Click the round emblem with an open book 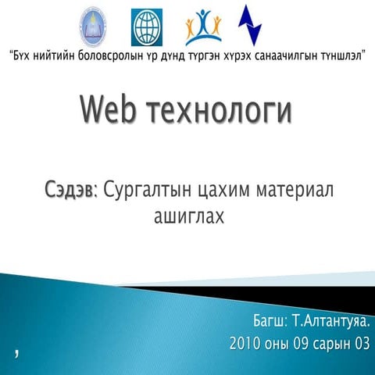pos(93,27)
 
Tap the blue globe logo pos(147,27)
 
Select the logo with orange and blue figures pos(203,27)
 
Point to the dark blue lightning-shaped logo pos(250,25)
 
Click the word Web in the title pos(108,109)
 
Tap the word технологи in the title pos(219,112)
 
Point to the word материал pos(295,190)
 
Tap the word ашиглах pos(189,216)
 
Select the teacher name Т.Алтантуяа pos(331,321)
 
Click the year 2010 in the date pos(245,343)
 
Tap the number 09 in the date pos(301,343)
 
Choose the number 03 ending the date pos(362,343)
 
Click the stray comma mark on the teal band pos(16,354)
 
